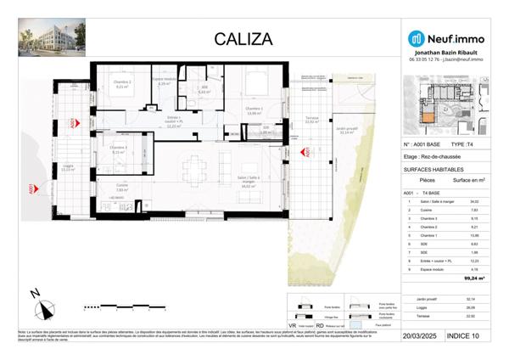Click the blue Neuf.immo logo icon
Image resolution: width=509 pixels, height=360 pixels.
pyautogui.click(x=416, y=38)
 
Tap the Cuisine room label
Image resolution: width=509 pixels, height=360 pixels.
pyautogui.click(x=121, y=185)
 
